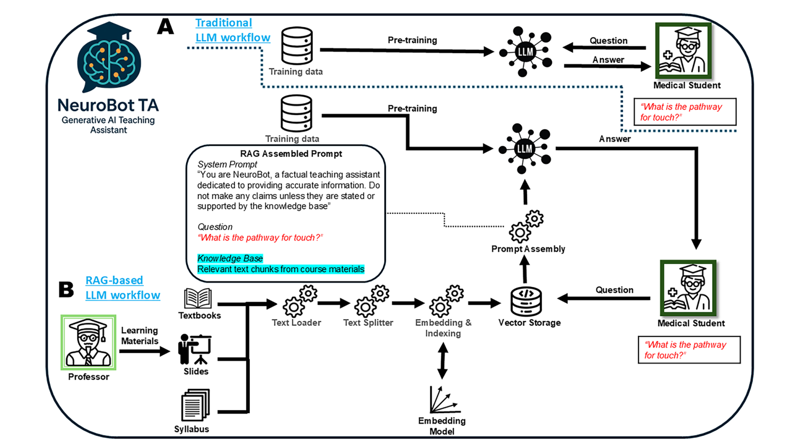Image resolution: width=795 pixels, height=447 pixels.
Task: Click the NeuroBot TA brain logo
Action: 109,57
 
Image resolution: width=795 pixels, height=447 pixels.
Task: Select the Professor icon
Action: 89,343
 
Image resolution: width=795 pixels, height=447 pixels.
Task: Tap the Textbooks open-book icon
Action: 198,299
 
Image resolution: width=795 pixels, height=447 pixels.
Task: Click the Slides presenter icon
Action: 195,349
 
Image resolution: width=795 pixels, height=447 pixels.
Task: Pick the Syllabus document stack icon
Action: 195,405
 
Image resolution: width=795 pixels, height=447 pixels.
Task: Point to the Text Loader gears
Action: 300,301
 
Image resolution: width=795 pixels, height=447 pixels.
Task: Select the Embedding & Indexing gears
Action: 446,301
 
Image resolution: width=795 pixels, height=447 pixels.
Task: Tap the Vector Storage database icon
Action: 526,301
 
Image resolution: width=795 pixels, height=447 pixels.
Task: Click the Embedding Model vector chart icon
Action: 443,399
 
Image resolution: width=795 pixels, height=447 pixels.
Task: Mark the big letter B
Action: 66,289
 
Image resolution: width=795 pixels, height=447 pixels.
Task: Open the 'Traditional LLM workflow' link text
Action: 232,30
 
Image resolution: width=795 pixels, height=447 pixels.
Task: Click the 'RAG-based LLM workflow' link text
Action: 123,288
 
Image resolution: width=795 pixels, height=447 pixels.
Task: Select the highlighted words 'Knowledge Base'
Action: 230,258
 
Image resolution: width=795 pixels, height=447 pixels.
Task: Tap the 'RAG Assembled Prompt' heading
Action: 291,154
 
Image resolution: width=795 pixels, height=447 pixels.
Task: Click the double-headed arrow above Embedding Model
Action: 443,361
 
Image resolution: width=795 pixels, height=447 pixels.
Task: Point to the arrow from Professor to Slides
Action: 144,351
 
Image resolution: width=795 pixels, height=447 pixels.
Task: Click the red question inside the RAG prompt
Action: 260,238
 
